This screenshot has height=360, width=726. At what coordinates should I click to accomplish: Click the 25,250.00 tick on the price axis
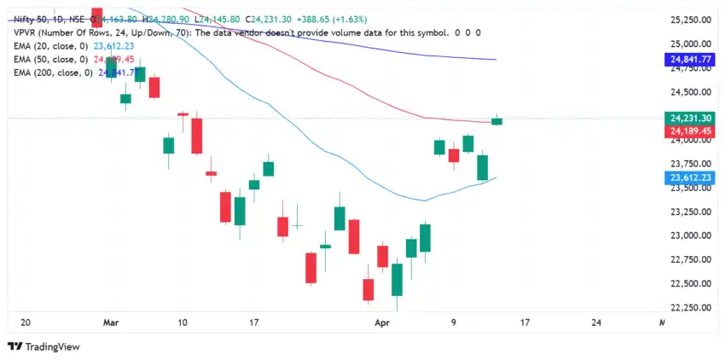[692, 20]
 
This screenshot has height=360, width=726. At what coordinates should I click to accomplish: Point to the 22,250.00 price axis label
[692, 307]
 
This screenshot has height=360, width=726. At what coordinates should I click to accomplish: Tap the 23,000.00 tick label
[692, 235]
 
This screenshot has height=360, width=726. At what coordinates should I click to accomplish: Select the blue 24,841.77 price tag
[692, 60]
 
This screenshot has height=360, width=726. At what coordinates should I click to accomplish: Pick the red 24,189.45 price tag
[692, 131]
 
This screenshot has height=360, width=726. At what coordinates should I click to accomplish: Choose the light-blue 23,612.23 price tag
[692, 177]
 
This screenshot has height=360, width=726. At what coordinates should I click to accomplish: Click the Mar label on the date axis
[111, 323]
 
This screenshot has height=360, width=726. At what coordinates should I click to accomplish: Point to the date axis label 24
[595, 323]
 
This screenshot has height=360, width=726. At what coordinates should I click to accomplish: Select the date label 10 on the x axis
[182, 323]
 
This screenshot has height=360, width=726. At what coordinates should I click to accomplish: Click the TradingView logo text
[49, 347]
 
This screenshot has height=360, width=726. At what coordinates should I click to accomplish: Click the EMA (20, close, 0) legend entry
[50, 46]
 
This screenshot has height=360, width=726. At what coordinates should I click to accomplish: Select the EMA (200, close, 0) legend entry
[53, 73]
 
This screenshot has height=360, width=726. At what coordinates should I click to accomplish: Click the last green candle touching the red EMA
[497, 120]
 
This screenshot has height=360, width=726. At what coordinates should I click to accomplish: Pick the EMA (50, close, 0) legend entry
[50, 60]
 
